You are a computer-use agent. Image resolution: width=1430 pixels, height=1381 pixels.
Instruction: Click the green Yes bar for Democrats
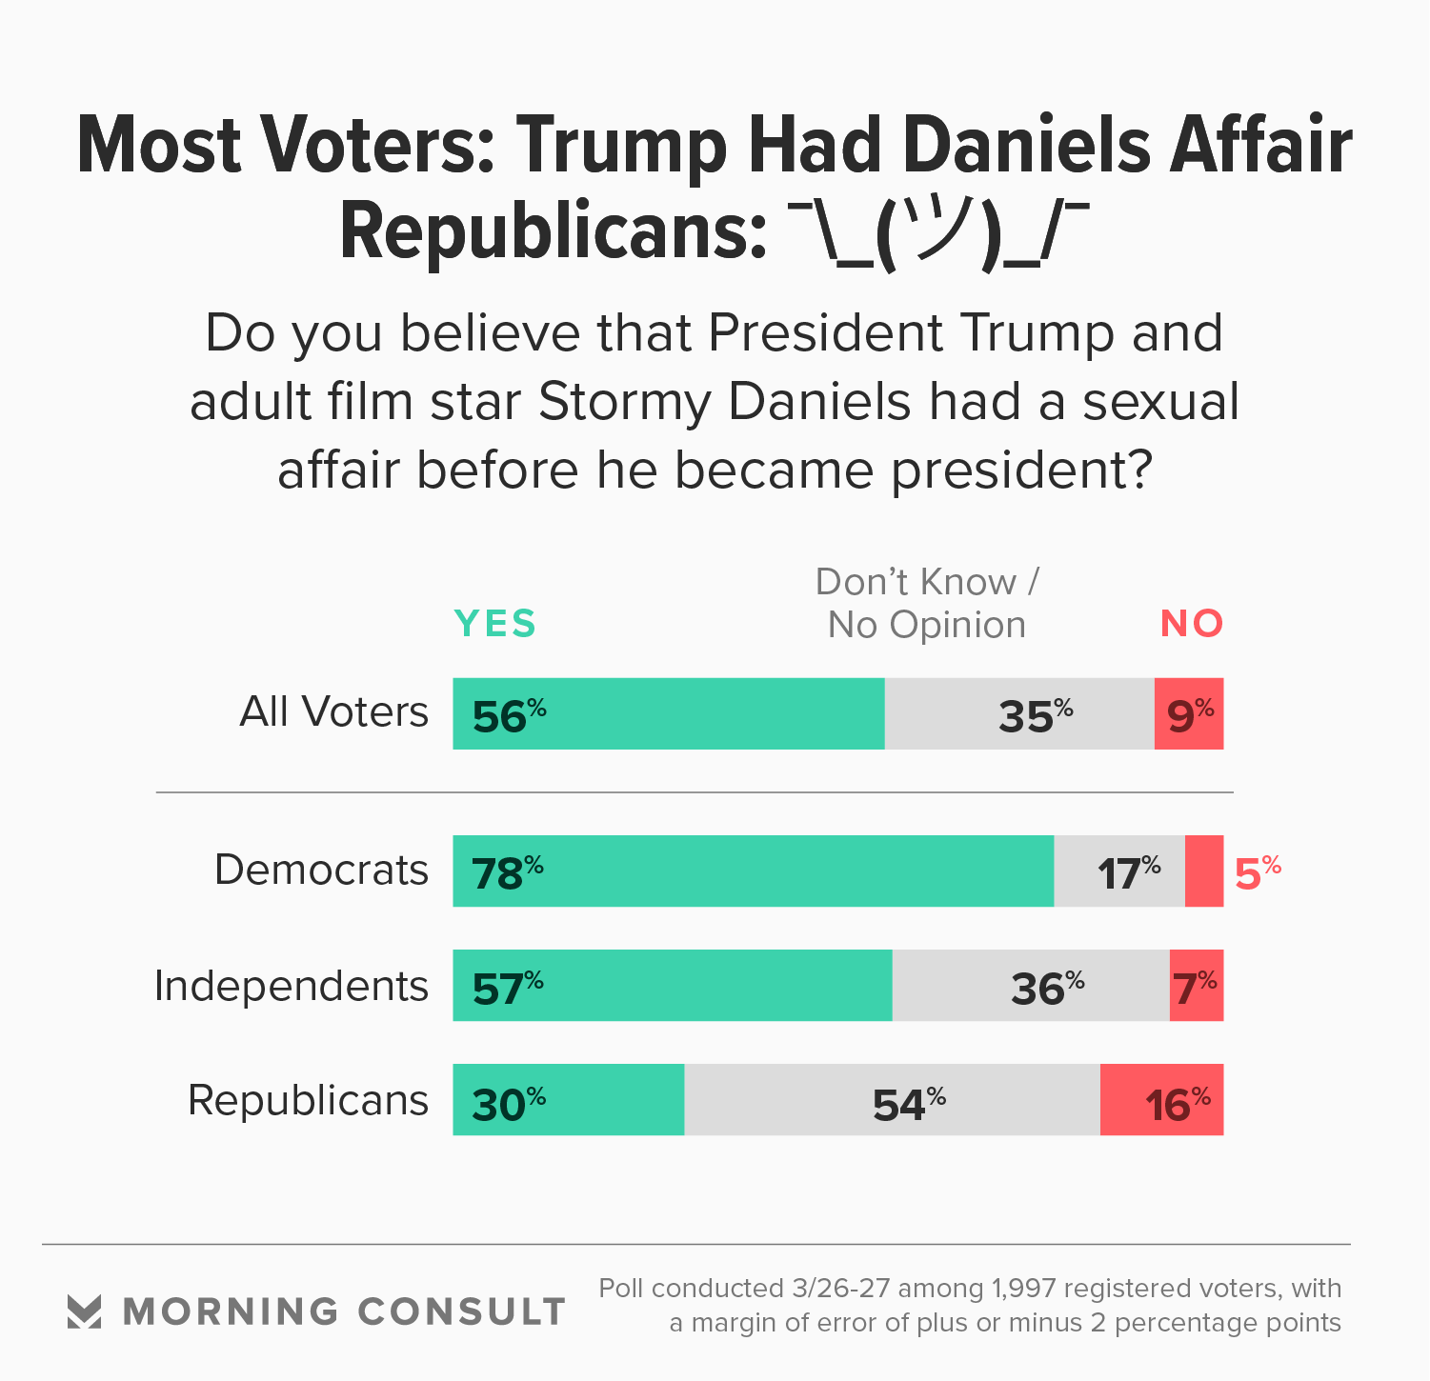pyautogui.click(x=753, y=871)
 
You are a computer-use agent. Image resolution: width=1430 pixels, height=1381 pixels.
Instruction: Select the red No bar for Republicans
pyautogui.click(x=1161, y=1100)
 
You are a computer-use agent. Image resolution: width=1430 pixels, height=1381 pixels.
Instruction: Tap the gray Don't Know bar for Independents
pyautogui.click(x=1031, y=986)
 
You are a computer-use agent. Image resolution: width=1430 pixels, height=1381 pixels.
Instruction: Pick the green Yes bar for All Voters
pyautogui.click(x=668, y=713)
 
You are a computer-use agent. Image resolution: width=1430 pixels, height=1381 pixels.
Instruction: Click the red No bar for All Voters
pyautogui.click(x=1188, y=713)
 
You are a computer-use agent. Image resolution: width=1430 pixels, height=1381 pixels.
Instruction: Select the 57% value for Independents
pyautogui.click(x=508, y=988)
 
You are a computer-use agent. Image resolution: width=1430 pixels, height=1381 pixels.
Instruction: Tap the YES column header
pyautogui.click(x=495, y=624)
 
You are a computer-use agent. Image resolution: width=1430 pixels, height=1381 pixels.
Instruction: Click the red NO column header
pyautogui.click(x=1191, y=624)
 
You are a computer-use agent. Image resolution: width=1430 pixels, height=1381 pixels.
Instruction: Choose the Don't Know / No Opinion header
pyautogui.click(x=927, y=603)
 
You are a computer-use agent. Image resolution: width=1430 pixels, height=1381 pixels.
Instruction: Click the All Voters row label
pyautogui.click(x=333, y=712)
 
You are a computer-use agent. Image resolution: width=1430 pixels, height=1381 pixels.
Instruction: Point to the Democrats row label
pyautogui.click(x=321, y=871)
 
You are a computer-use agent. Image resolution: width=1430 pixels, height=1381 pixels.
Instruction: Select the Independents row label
pyautogui.click(x=291, y=986)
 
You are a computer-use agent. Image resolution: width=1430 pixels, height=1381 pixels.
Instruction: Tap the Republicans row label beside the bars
pyautogui.click(x=308, y=1100)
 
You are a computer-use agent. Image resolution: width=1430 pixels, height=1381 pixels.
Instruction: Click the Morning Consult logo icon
pyautogui.click(x=85, y=1311)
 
